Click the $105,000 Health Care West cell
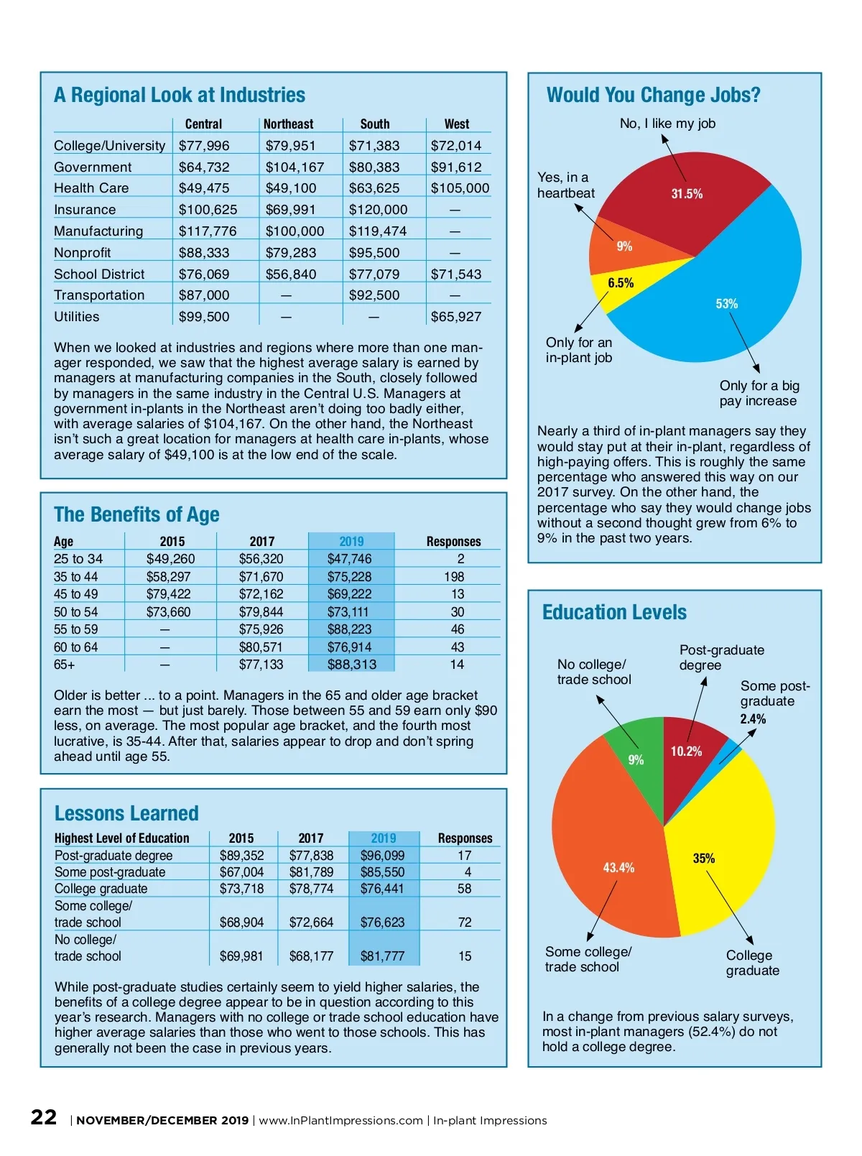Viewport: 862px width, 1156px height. coord(460,188)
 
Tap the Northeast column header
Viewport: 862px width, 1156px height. coord(288,124)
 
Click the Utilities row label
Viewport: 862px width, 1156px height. coord(77,317)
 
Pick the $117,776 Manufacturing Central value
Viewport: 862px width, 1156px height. coord(208,231)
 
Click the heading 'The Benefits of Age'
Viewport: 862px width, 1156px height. coord(136,514)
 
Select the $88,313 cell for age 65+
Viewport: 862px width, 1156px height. coord(351,665)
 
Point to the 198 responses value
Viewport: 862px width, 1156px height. coord(454,577)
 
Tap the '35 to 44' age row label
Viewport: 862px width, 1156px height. coord(75,577)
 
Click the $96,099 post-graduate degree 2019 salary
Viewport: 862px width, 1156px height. coord(382,856)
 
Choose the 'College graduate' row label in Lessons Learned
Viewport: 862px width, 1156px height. coord(101,889)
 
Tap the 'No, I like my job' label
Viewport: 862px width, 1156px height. coord(667,124)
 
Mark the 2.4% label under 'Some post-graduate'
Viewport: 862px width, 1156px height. coord(753,719)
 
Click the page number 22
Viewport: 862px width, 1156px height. coord(44,1117)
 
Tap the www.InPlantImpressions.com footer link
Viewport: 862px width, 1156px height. coord(340,1121)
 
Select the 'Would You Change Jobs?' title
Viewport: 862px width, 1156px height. coord(653,95)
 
